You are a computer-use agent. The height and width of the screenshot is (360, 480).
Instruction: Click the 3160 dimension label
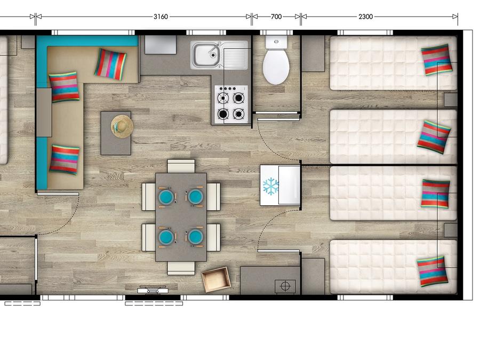161,17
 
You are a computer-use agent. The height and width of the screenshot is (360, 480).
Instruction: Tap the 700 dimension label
276,17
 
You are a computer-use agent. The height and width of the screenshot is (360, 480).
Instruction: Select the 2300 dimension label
365,17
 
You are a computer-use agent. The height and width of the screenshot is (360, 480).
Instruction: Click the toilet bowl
276,66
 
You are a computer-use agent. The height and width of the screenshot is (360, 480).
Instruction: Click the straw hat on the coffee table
122,126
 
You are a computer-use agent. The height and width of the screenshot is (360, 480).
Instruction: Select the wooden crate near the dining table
216,279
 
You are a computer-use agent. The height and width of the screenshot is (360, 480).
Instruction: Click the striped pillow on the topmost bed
436,60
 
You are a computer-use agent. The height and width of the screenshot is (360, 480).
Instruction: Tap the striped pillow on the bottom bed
433,271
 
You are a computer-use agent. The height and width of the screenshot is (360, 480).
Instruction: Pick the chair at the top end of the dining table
181,166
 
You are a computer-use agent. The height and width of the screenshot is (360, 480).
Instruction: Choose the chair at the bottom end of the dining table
181,268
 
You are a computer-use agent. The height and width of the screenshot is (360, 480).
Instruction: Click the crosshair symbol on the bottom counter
285,286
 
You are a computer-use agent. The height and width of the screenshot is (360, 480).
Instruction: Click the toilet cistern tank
276,42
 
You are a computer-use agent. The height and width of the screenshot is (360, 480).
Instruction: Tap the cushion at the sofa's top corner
110,65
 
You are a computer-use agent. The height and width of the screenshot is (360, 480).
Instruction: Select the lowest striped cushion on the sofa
65,159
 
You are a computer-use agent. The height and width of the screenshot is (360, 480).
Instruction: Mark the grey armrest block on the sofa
44,113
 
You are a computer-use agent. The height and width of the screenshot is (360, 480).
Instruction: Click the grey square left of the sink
161,45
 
